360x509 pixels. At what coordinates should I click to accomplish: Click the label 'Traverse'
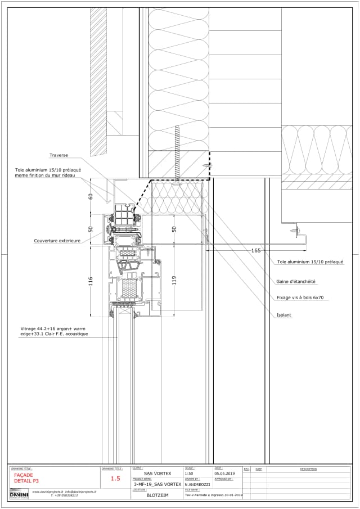[x=58, y=155]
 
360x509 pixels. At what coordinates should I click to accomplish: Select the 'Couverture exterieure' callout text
[x=57, y=241]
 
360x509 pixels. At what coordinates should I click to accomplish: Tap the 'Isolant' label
[x=284, y=315]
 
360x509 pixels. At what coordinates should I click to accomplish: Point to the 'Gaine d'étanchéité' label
[x=296, y=281]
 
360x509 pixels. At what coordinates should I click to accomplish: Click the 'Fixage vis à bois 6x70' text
[x=300, y=298]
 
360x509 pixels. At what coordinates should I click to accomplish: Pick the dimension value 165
[x=256, y=250]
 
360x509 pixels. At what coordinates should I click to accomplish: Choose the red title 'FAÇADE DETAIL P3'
[x=27, y=478]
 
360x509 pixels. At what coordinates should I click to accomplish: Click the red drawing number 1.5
[x=115, y=479]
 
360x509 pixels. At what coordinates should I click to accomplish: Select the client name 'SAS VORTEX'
[x=157, y=474]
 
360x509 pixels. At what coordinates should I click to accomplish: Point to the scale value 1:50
[x=189, y=474]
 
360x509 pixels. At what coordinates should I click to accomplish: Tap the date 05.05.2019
[x=224, y=474]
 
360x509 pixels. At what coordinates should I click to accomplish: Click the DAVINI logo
[x=19, y=494]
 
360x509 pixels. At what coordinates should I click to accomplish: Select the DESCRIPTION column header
[x=308, y=469]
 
